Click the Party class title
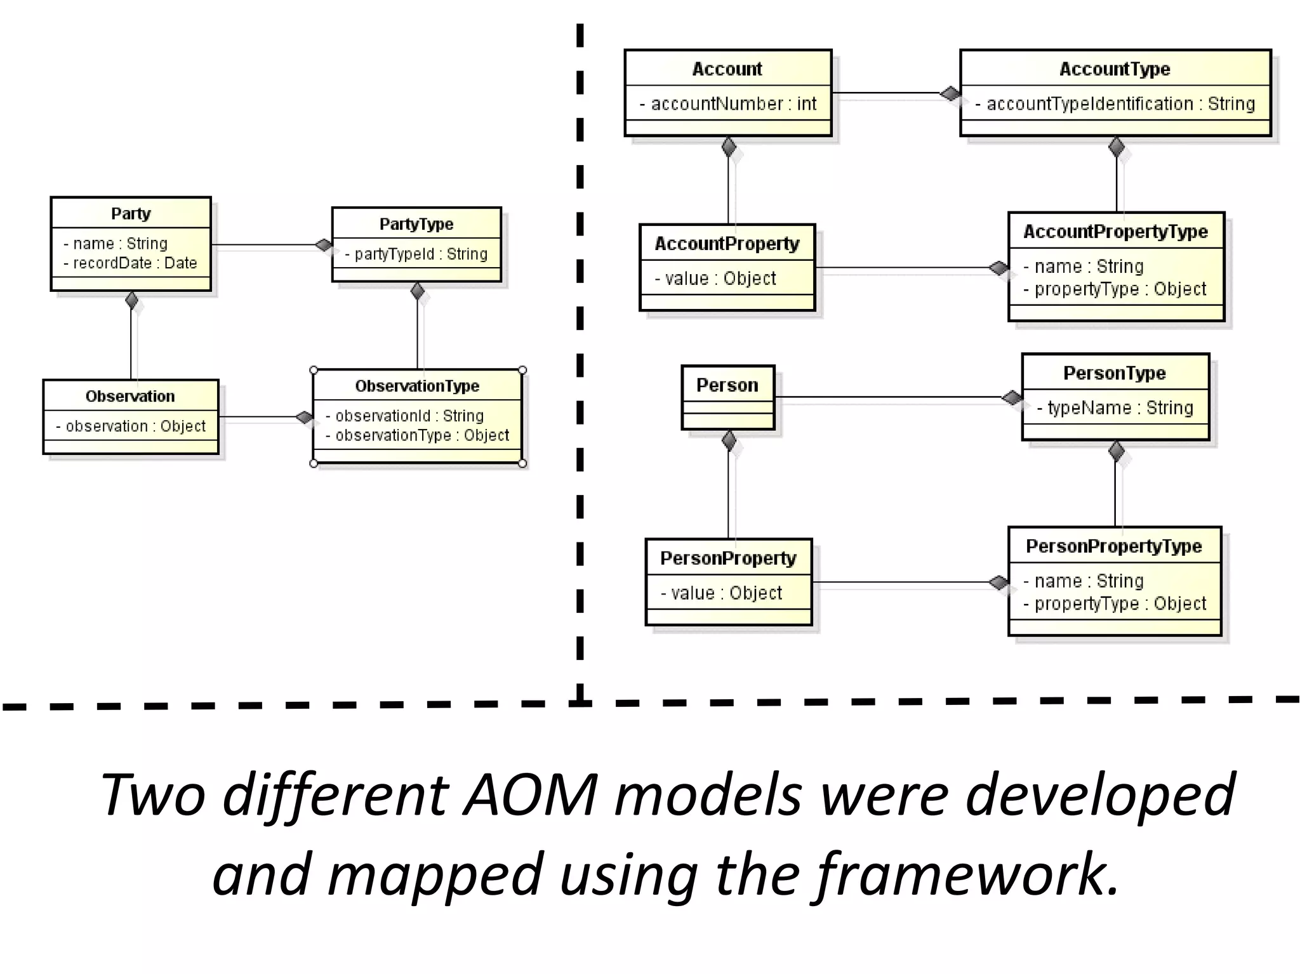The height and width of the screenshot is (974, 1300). pos(131,214)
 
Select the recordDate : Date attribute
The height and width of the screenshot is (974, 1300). pos(131,263)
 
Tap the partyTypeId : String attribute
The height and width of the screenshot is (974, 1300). pos(416,254)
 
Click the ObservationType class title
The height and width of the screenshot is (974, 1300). pos(417,386)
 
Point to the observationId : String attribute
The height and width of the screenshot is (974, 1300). pos(405,416)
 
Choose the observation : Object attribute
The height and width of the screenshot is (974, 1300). pos(131,426)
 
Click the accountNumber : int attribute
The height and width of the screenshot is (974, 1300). pos(728,104)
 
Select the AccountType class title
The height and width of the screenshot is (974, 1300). pos(1115,69)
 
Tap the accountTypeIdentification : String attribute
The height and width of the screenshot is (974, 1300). pos(1115,104)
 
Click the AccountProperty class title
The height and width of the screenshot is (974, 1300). pos(727,244)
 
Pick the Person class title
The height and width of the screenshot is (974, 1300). pos(727,385)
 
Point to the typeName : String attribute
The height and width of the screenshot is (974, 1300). pos(1115,408)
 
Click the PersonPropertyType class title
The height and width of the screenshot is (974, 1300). pos(1114,546)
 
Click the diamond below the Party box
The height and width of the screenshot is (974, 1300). pos(132,300)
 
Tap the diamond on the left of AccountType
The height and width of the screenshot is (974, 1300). pos(950,94)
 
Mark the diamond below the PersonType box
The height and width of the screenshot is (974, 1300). pos(1117,451)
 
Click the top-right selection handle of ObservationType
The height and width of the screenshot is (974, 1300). pos(522,371)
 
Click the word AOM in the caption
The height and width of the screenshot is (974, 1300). pos(531,794)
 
